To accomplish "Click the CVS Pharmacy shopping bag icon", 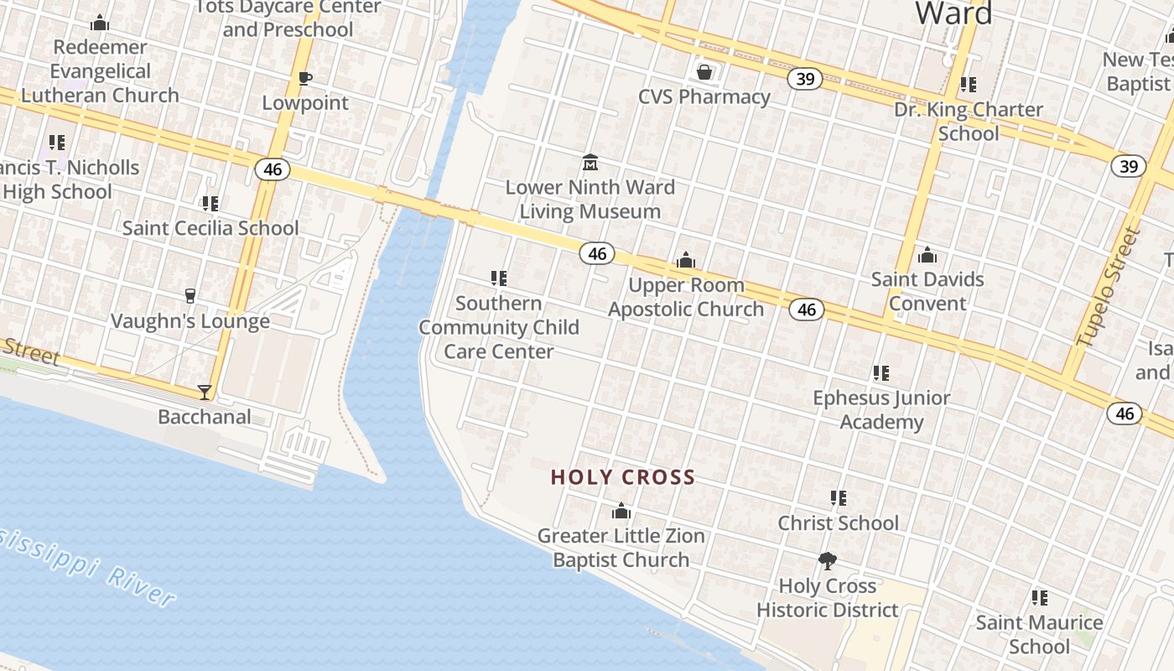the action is [x=704, y=72].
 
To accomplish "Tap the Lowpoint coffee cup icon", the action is [x=305, y=79].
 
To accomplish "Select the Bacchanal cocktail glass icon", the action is [x=205, y=392].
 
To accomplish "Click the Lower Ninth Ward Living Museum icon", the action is [x=590, y=162].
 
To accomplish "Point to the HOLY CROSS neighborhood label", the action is [x=623, y=478].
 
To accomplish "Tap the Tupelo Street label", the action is [x=1109, y=287].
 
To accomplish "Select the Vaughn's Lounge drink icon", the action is [x=190, y=296].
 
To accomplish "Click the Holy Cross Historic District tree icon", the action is [x=828, y=561].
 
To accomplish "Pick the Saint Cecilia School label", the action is [x=210, y=228].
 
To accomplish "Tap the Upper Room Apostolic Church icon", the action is [x=686, y=261].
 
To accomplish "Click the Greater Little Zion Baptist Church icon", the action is [x=621, y=511].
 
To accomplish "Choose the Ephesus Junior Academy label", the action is [x=881, y=409].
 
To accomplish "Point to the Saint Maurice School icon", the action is [x=1040, y=598].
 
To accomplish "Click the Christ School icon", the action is [x=838, y=498].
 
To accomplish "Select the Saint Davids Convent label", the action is [x=927, y=290].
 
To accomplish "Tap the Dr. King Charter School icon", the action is [x=969, y=85].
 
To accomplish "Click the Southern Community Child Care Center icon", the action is [x=499, y=278].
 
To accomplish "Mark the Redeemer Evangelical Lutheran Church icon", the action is [x=100, y=23].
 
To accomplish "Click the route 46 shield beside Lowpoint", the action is [x=273, y=170].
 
